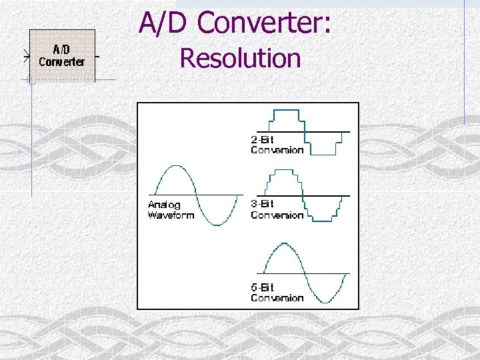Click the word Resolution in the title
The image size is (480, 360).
coord(240,59)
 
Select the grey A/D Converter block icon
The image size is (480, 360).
coord(62,55)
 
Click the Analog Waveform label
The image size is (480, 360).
coord(171,210)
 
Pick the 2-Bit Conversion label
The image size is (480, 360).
coord(277,145)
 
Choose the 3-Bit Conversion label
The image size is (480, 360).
coord(277,209)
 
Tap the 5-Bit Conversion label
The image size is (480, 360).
coord(277,292)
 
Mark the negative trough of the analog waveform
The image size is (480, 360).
coord(217,225)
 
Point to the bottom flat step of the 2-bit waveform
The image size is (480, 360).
coord(324,154)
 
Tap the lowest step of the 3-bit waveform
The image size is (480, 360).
coord(323,220)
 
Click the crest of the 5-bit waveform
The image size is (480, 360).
coord(284,244)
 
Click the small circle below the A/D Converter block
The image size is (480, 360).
coord(30,81)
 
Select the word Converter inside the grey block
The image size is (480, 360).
coord(62,62)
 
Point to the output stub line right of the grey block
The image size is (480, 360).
coord(98,57)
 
